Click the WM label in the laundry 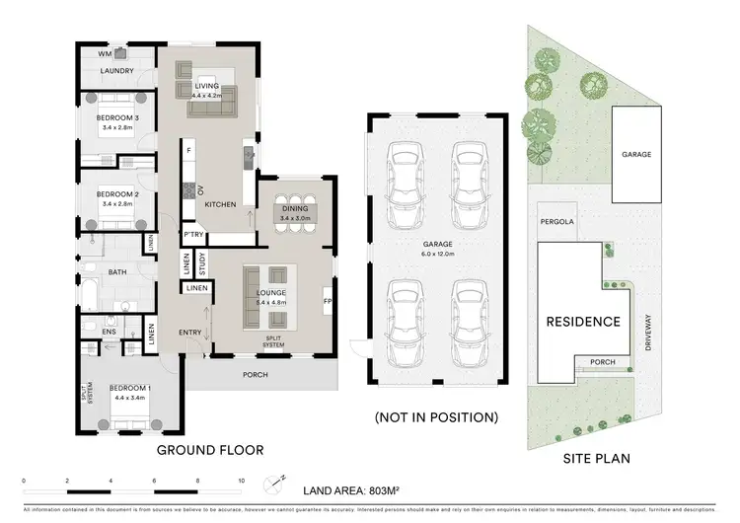(x=105, y=54)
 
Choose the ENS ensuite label (x=109, y=333)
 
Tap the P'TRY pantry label (x=193, y=234)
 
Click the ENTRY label (x=190, y=333)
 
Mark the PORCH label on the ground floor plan (x=257, y=374)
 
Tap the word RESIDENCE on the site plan (x=584, y=322)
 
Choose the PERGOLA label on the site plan (x=555, y=222)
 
